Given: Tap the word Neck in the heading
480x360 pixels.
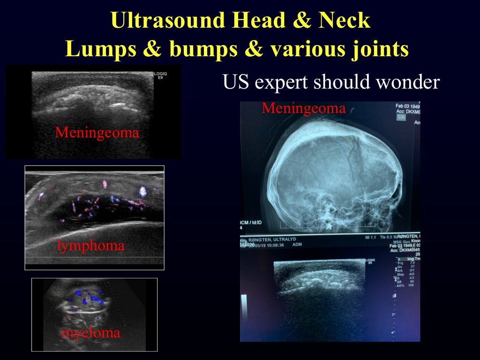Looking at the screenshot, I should pyautogui.click(x=346, y=21).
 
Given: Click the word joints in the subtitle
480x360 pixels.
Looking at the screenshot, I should pyautogui.click(x=378, y=49).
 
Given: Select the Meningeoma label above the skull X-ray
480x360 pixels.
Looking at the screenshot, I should pyautogui.click(x=304, y=109).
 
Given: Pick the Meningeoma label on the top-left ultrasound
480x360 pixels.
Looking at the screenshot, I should pyautogui.click(x=97, y=133).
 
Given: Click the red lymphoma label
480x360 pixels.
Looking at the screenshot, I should pyautogui.click(x=91, y=245).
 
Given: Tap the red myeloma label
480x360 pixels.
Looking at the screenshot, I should pyautogui.click(x=91, y=333).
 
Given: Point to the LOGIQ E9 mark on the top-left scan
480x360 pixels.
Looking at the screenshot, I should pyautogui.click(x=160, y=76).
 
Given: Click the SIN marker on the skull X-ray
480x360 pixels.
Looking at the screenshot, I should pyautogui.click(x=401, y=118).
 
